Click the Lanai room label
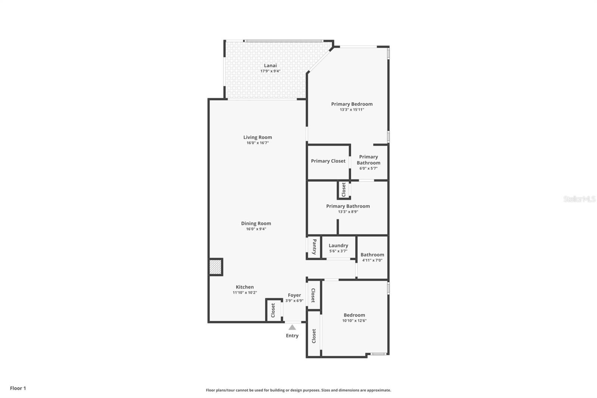coord(270,66)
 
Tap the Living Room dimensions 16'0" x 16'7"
coord(257,143)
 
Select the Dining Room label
coord(256,223)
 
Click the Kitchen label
coord(245,287)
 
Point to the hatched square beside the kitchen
coord(216,267)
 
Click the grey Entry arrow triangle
coord(292,327)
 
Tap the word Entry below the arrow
coord(292,336)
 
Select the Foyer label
coord(294,295)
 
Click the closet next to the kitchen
coord(273,310)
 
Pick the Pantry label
coord(314,247)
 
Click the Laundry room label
coord(338,246)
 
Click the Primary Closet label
coord(328,161)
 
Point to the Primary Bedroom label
coord(351,104)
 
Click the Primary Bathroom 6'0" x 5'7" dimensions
coord(368,168)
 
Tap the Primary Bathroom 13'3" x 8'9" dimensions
coord(348,212)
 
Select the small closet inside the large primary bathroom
coord(344,190)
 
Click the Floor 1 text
coord(18,388)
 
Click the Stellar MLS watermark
coord(579,199)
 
